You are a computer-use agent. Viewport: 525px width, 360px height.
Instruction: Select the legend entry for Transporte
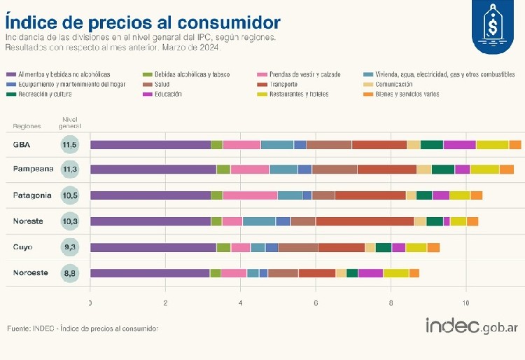pyautogui.click(x=279, y=84)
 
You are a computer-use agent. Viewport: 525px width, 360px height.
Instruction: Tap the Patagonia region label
pyautogui.click(x=32, y=195)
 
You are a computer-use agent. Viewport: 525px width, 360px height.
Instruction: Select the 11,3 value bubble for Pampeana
pyautogui.click(x=69, y=169)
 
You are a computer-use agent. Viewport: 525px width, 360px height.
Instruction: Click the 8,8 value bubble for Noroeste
pyautogui.click(x=69, y=272)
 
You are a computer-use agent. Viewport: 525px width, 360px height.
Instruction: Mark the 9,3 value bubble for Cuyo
pyautogui.click(x=69, y=247)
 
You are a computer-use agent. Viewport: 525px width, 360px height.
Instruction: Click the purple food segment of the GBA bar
pyautogui.click(x=150, y=145)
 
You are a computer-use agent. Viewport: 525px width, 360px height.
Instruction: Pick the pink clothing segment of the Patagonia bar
pyautogui.click(x=250, y=195)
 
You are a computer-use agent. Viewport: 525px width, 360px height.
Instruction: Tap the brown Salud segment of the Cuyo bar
pyautogui.click(x=298, y=247)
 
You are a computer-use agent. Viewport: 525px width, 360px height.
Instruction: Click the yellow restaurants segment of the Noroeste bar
pyautogui.click(x=395, y=273)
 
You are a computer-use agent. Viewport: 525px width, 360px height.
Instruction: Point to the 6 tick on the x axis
pyautogui.click(x=316, y=303)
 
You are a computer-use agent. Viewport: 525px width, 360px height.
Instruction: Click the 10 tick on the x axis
pyautogui.click(x=466, y=303)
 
